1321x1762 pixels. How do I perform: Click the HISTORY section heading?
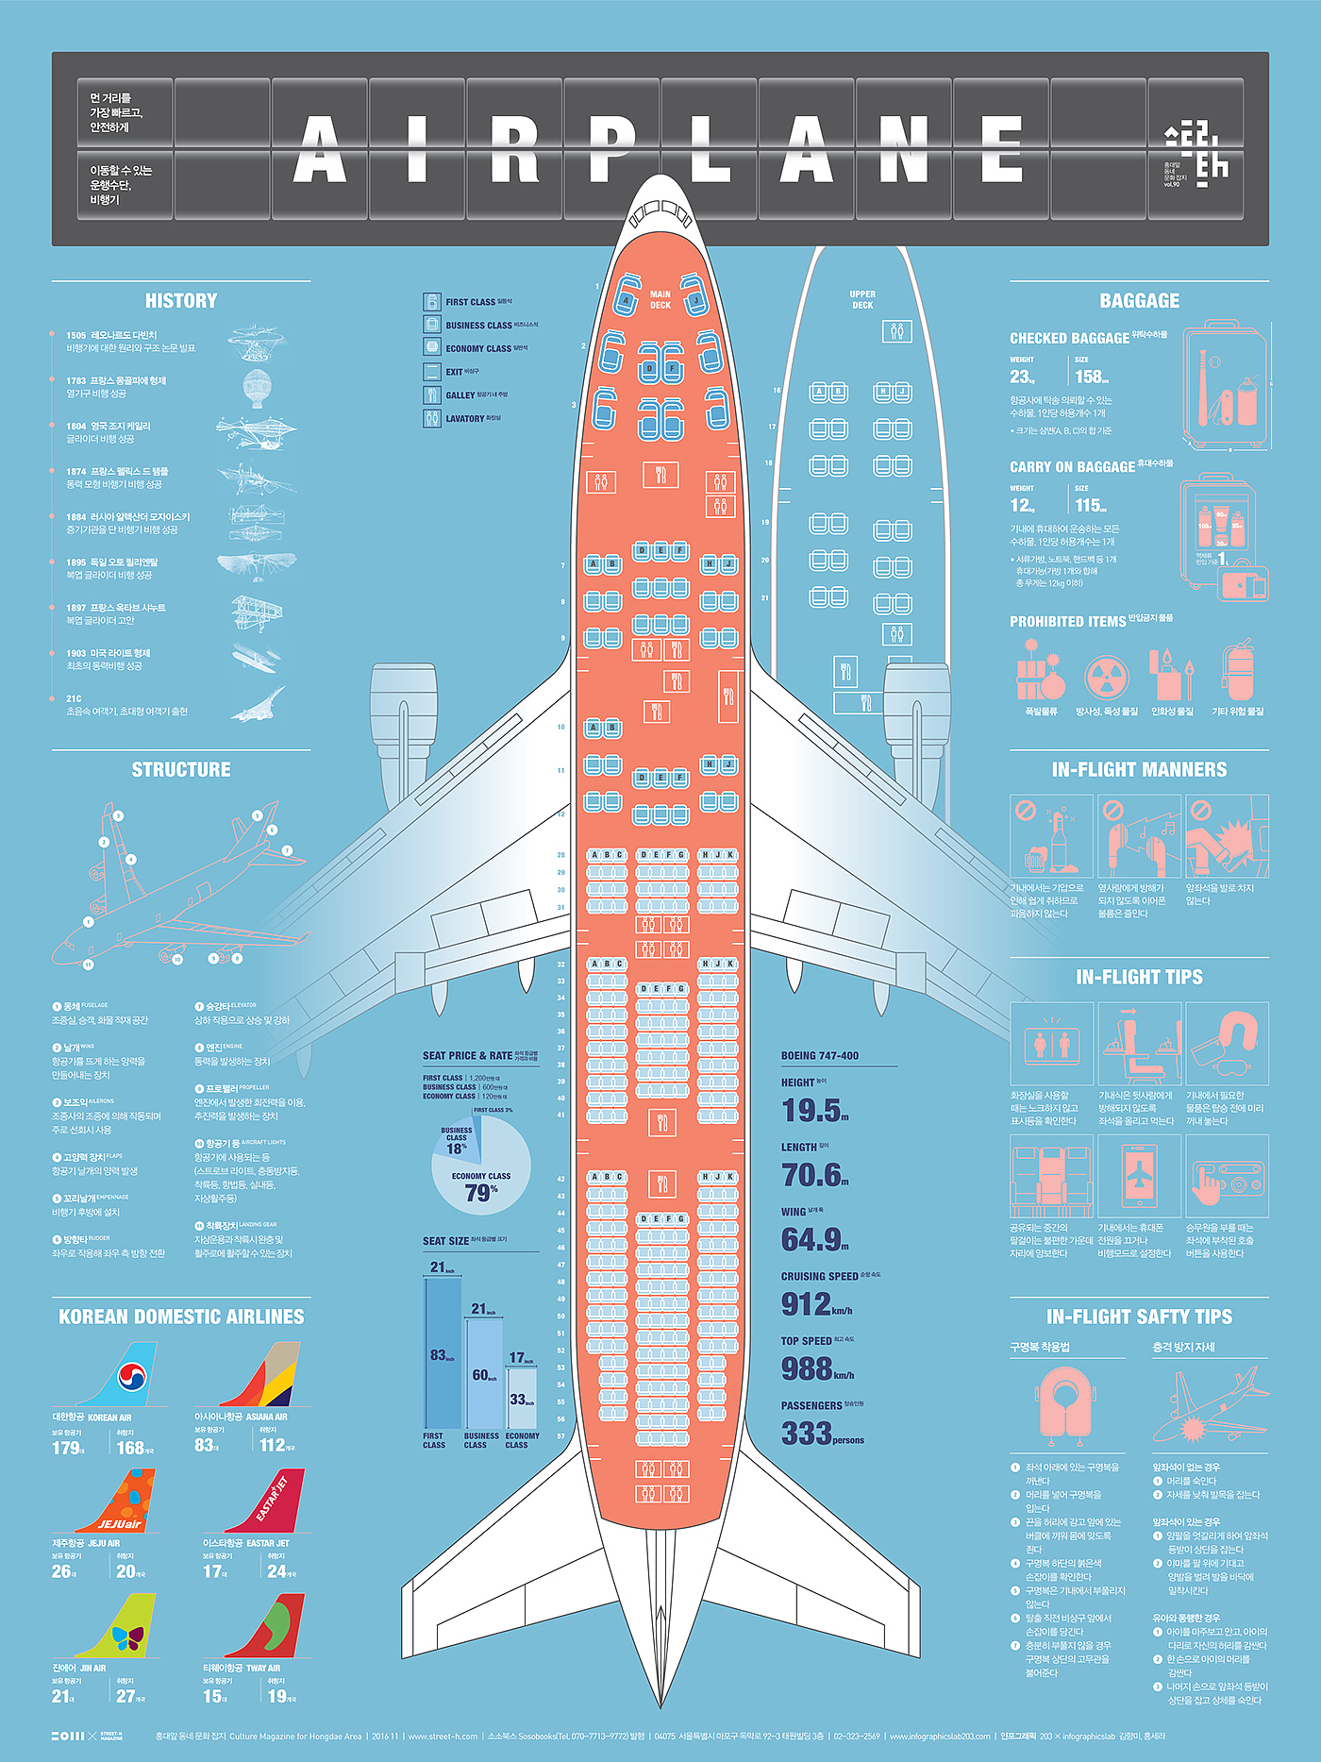pos(181,301)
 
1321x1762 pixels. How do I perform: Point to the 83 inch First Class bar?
pos(443,1354)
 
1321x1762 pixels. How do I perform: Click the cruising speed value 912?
pos(806,1304)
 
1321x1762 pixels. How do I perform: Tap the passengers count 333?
pos(806,1434)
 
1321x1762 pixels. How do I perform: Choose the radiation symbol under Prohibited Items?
pos(1106,676)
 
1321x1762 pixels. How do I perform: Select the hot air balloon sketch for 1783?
pos(257,387)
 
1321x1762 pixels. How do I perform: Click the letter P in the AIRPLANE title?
pos(611,149)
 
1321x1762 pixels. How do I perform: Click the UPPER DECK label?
pos(862,299)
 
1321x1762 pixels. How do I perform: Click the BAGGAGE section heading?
pos(1139,301)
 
